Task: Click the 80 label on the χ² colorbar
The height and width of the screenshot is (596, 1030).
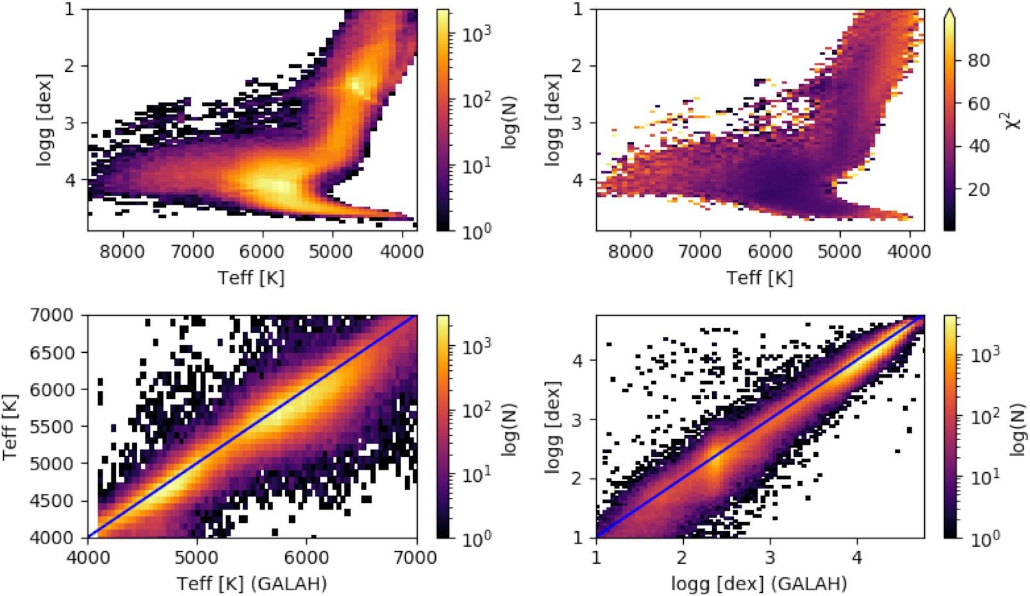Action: click(978, 60)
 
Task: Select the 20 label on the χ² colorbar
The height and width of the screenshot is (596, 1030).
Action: click(978, 189)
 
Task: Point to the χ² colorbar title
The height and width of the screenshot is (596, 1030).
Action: click(1014, 119)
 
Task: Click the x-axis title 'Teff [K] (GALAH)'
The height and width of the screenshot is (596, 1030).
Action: click(252, 583)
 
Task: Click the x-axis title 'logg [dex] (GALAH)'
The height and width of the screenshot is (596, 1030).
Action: click(760, 583)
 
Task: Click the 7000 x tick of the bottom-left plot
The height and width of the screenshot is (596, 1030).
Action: click(417, 557)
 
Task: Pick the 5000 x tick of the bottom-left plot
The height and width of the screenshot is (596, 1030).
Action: click(197, 557)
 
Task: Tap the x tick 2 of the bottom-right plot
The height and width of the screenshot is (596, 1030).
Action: click(683, 557)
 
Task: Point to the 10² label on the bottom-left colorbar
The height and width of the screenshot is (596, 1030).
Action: click(477, 410)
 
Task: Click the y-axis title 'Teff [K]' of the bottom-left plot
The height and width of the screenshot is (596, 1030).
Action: click(10, 427)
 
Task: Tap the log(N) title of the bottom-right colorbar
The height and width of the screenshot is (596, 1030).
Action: click(1018, 429)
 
